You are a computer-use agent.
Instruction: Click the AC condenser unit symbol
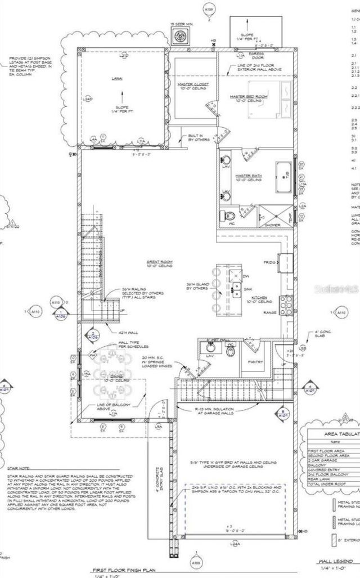181,37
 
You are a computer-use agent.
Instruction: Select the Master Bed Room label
249,97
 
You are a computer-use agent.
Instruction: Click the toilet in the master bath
230,216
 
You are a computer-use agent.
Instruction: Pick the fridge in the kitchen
286,262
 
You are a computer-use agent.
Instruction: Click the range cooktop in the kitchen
286,304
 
